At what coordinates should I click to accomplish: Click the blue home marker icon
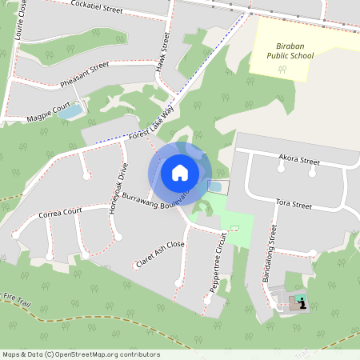coord(180,173)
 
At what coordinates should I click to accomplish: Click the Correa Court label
coord(60,214)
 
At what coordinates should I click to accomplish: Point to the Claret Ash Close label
coord(160,254)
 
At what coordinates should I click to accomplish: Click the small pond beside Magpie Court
coord(70,112)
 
